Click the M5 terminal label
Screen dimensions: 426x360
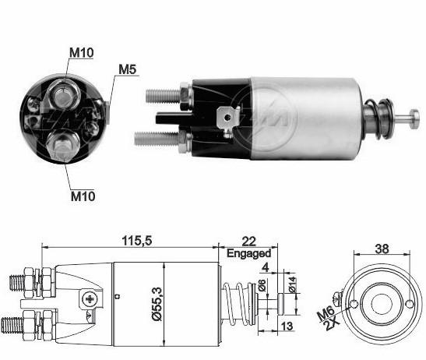(x=128, y=69)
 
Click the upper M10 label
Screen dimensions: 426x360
(x=82, y=53)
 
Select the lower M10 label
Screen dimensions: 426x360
(x=83, y=196)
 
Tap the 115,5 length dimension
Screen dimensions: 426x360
(x=137, y=241)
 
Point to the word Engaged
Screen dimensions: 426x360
(x=249, y=253)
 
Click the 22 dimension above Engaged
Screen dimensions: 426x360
(x=248, y=242)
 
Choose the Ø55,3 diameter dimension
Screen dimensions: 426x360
(x=157, y=304)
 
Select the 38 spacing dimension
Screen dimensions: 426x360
(x=382, y=249)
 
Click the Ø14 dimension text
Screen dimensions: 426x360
(x=291, y=284)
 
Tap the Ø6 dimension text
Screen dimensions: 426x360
(x=262, y=284)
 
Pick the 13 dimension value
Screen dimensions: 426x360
(x=287, y=326)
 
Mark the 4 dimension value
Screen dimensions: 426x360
(x=265, y=267)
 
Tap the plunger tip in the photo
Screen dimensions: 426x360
(x=414, y=118)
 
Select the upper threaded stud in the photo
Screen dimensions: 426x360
(x=163, y=95)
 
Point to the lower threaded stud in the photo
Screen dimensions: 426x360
(x=157, y=138)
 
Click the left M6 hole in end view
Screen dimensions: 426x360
(x=354, y=304)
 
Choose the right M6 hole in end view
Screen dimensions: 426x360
(x=410, y=304)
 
